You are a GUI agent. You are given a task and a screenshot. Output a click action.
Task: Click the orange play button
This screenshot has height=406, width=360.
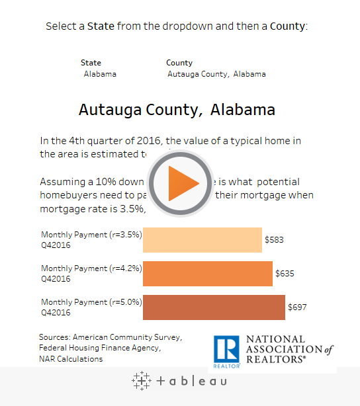[x=180, y=184]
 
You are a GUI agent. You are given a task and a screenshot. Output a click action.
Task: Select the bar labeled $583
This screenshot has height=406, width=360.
[x=202, y=239]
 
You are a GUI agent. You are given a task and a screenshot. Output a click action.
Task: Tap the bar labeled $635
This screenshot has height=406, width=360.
[x=207, y=273]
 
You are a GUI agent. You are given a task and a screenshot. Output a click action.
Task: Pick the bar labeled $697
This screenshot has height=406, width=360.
[x=214, y=307]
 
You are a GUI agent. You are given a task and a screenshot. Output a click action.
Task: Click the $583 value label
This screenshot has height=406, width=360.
[x=274, y=239]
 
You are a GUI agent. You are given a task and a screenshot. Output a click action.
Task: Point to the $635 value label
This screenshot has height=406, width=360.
[x=285, y=273]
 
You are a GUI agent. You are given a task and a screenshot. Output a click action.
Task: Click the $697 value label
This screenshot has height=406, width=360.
[x=298, y=307]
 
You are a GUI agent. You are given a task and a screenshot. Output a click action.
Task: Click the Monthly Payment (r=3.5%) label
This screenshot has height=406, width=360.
[x=91, y=235]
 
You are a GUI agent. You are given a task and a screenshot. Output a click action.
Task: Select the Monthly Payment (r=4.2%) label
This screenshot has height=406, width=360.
[x=91, y=268]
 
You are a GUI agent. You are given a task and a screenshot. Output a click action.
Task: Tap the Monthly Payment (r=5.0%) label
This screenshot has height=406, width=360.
[x=91, y=302]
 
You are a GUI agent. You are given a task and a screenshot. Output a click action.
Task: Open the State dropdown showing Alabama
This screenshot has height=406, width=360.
[x=100, y=74]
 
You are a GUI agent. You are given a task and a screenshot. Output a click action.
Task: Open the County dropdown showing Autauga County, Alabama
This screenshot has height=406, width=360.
[x=216, y=74]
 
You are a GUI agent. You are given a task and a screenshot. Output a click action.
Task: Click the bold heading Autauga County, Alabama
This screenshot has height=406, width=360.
[x=177, y=110]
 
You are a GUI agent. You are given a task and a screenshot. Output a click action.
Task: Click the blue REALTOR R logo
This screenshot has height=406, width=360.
[x=226, y=350]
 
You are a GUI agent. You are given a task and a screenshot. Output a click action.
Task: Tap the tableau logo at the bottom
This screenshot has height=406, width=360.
[x=179, y=381]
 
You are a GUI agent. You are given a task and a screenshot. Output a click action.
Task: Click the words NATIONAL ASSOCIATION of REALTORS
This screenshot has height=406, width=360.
[x=289, y=349]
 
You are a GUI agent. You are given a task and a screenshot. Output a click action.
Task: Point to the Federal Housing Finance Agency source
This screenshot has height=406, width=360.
[x=99, y=347]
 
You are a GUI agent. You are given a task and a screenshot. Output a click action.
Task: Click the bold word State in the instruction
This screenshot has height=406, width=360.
[x=101, y=26]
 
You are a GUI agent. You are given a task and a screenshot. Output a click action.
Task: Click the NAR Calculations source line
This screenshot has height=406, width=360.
[x=71, y=359]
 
